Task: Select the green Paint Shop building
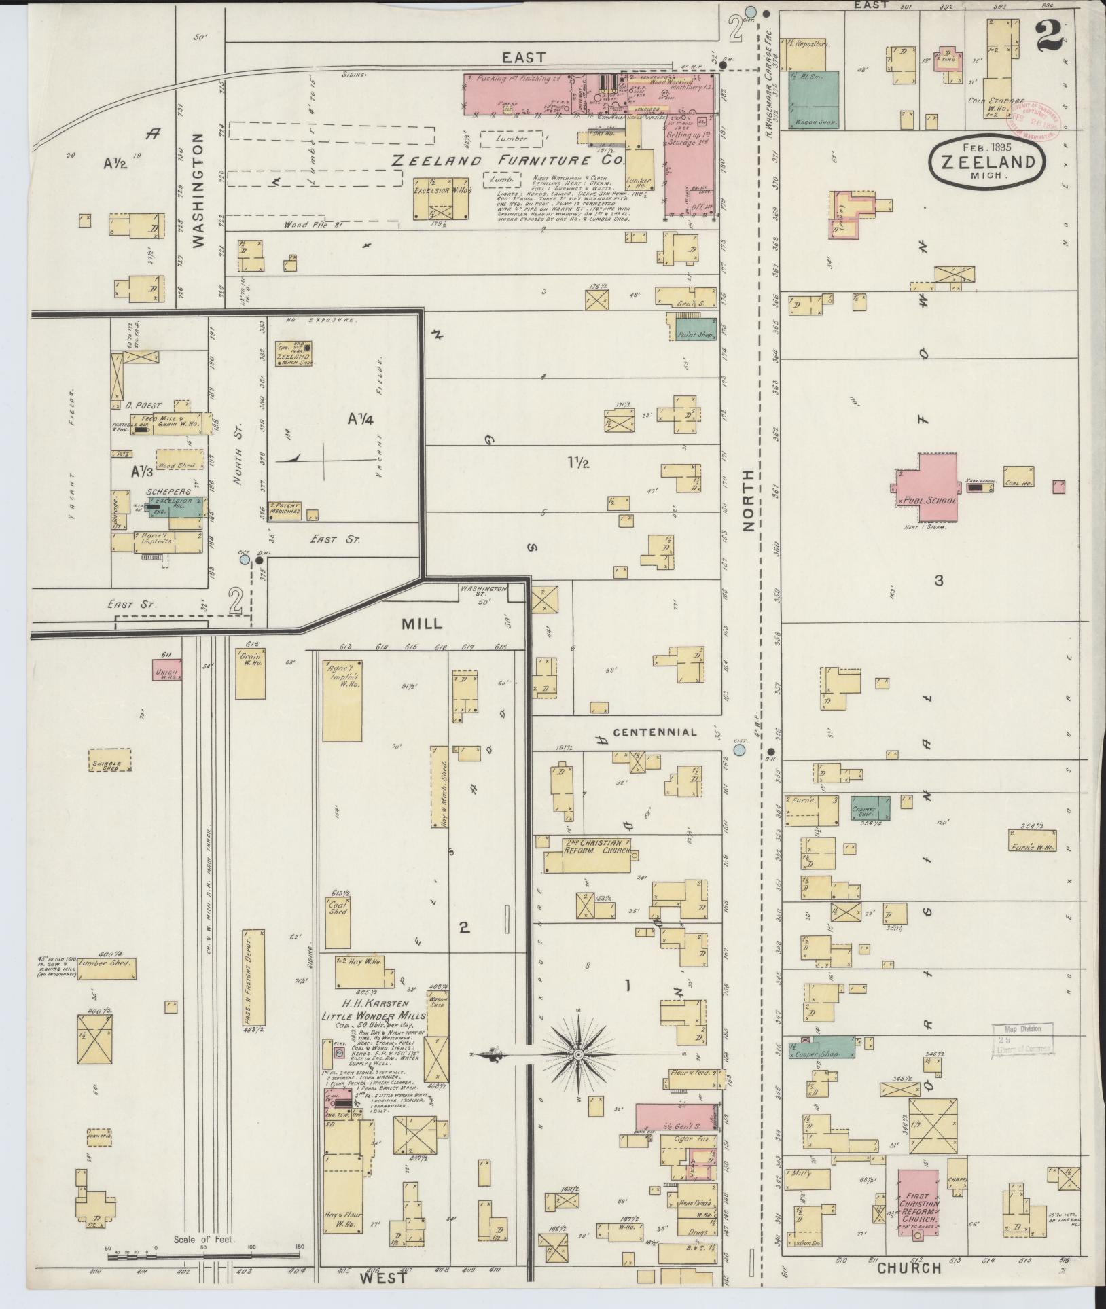coord(695,329)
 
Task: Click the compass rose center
coord(577,1055)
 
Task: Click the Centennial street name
coord(654,732)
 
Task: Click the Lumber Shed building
coord(107,969)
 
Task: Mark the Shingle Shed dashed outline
coord(109,765)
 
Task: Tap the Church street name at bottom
coord(909,1267)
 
